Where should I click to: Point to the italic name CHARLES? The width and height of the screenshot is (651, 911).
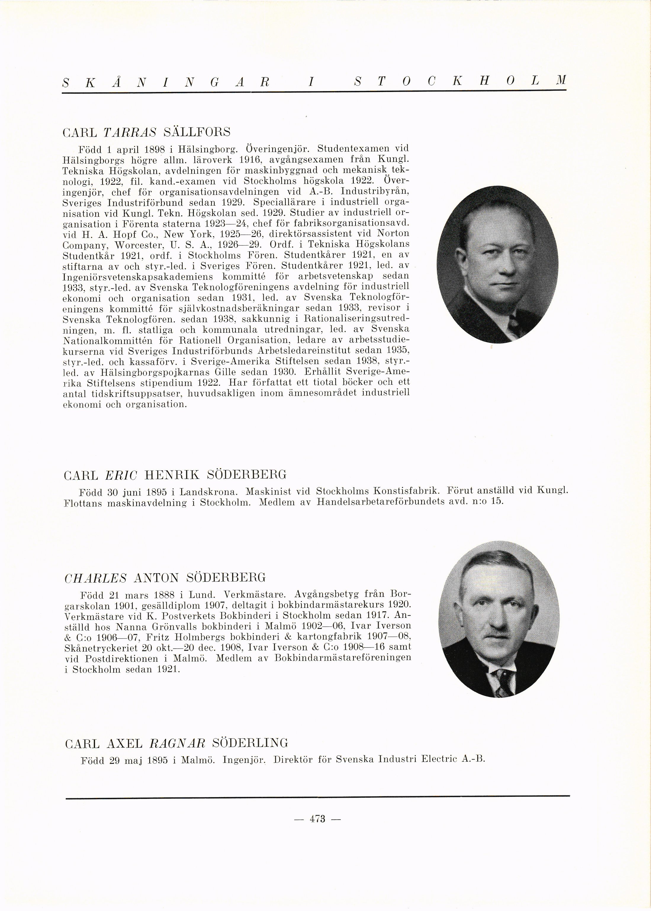pos(95,578)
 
